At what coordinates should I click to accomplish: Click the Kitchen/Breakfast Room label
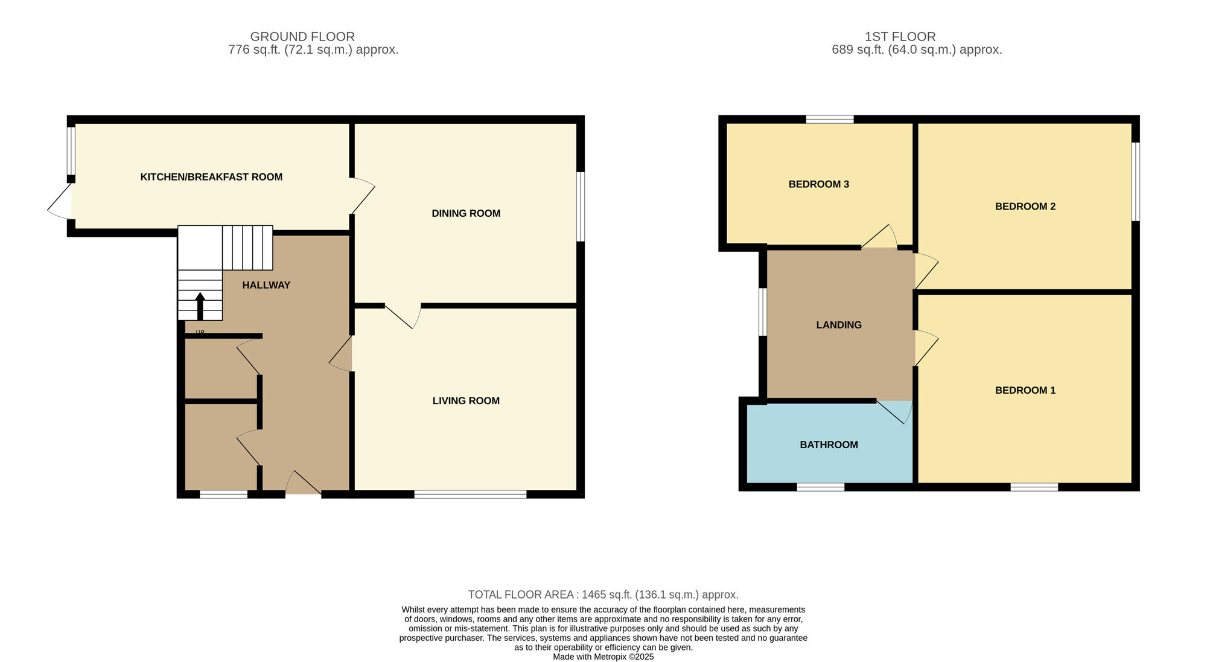[211, 177]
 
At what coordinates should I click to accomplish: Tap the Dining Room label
[466, 213]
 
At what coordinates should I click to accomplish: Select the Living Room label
[466, 400]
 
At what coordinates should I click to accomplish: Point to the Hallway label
[266, 285]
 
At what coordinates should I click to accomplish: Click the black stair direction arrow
[200, 306]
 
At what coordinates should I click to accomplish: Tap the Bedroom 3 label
[819, 184]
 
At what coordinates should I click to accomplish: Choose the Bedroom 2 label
[1025, 207]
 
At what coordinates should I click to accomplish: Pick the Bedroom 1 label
[1025, 390]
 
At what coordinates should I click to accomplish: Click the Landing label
[839, 325]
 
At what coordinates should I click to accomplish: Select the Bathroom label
[829, 445]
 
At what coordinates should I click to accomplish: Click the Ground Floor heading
[302, 37]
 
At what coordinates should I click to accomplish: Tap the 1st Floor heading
[900, 37]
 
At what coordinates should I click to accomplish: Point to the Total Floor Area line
[603, 595]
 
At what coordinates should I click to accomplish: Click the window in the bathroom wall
[820, 487]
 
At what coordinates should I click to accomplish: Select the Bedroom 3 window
[830, 119]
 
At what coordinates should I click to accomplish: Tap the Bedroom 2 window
[1135, 182]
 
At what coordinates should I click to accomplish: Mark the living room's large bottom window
[470, 494]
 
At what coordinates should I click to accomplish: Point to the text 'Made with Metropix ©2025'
[603, 657]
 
